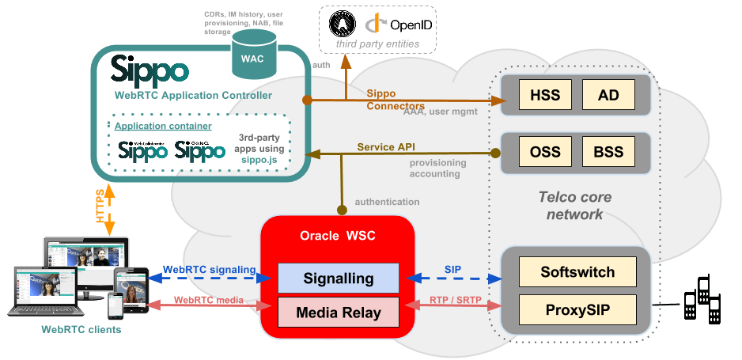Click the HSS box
[545, 96]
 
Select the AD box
[608, 96]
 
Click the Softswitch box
[577, 272]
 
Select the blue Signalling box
[339, 279]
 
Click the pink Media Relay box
[339, 313]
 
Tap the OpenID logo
[400, 25]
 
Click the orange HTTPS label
[100, 210]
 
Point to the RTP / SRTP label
[456, 301]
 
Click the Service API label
[385, 147]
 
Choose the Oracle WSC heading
[338, 236]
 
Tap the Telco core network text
[574, 206]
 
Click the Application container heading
[163, 126]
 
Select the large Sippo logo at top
[150, 70]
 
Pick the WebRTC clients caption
[77, 329]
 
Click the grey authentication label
[387, 202]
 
